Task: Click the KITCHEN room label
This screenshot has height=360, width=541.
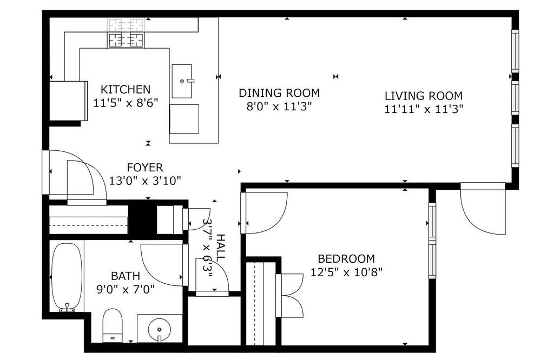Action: pyautogui.click(x=126, y=89)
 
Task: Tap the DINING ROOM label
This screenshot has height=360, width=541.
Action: pyautogui.click(x=279, y=93)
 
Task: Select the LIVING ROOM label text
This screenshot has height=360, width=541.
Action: pyautogui.click(x=424, y=96)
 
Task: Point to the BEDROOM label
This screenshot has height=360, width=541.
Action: pyautogui.click(x=346, y=258)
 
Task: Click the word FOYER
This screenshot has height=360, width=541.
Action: pyautogui.click(x=145, y=168)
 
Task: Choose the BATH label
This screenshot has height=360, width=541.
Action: pyautogui.click(x=126, y=276)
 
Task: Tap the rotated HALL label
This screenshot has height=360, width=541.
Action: pyautogui.click(x=220, y=247)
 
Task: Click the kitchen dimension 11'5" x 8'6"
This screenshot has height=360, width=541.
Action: pyautogui.click(x=126, y=103)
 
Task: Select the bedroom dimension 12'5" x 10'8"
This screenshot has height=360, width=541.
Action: pyautogui.click(x=346, y=272)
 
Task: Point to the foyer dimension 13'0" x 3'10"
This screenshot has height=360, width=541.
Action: pyautogui.click(x=145, y=181)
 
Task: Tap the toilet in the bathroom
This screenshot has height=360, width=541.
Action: pyautogui.click(x=113, y=325)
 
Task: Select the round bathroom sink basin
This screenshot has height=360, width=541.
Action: pyautogui.click(x=159, y=329)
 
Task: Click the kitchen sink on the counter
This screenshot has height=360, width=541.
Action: pyautogui.click(x=182, y=81)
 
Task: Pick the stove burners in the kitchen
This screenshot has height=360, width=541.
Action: pyautogui.click(x=126, y=41)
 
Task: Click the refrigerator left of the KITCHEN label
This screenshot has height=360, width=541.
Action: pyautogui.click(x=68, y=101)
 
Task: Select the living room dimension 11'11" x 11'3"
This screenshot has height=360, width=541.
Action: pyautogui.click(x=424, y=109)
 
